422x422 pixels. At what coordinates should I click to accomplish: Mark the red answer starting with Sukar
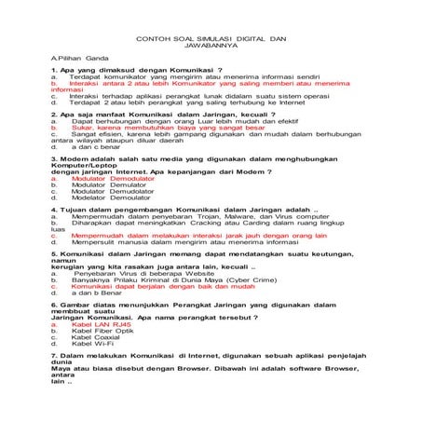(177, 126)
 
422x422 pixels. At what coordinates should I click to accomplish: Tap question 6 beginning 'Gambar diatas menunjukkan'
(186, 304)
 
